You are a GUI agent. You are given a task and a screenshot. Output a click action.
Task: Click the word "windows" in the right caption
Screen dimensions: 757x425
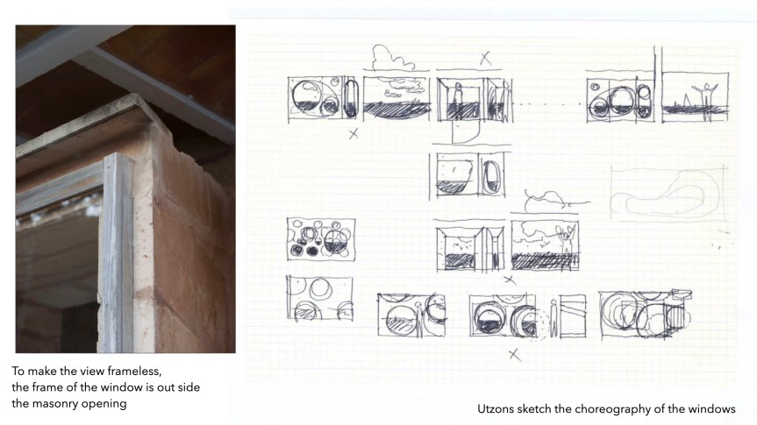(711, 409)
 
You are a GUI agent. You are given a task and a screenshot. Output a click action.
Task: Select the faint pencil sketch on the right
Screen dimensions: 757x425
(668, 193)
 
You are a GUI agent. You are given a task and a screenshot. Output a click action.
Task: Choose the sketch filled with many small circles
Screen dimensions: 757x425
(321, 239)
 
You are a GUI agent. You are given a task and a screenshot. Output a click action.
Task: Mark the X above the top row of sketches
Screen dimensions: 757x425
(486, 59)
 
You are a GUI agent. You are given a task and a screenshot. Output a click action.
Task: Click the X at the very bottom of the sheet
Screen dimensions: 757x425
(515, 355)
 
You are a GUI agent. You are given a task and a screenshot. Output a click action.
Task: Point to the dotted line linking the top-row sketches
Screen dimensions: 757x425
(549, 103)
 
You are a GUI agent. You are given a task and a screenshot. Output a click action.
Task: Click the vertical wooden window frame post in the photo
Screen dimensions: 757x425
(116, 253)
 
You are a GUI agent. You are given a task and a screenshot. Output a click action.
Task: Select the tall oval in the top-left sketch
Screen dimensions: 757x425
(351, 99)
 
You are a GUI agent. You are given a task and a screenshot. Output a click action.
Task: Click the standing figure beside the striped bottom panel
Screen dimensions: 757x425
(553, 318)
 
